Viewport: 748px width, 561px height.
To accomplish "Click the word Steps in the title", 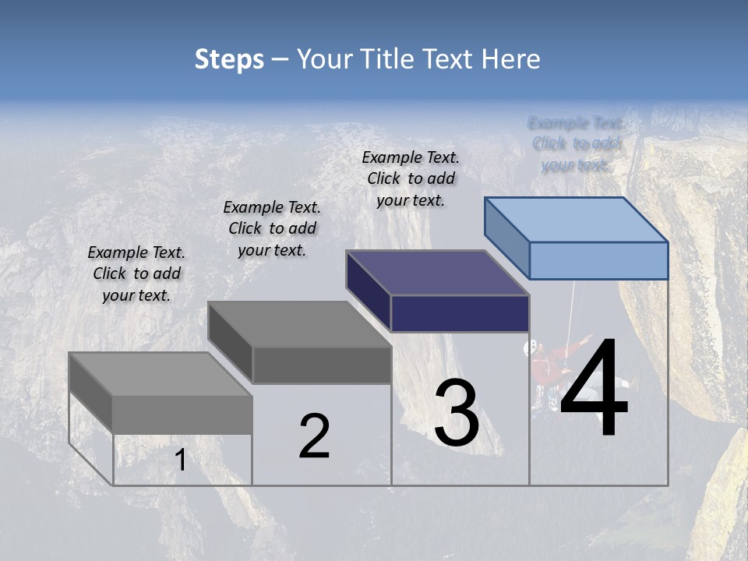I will pos(229,59).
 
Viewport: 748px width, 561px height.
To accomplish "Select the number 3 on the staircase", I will pos(457,413).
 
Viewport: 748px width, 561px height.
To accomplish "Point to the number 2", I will pos(315,436).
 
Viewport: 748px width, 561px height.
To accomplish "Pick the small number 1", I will pos(181,460).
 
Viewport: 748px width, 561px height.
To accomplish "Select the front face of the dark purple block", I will pos(460,314).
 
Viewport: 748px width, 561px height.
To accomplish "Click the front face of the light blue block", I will pos(598,260).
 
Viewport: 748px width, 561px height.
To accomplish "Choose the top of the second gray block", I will pos(299,323).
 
